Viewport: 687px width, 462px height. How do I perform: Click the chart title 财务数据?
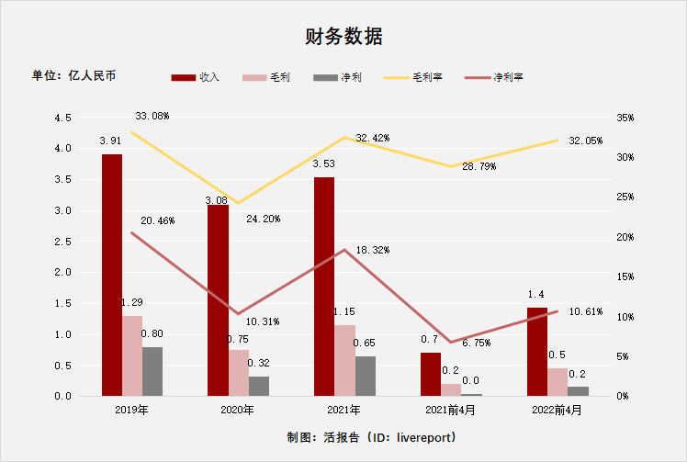[x=343, y=37]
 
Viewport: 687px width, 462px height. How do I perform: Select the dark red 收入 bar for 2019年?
[x=112, y=276]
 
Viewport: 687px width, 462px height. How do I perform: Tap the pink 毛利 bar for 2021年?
[x=344, y=360]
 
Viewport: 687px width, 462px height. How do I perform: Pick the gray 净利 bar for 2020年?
[x=259, y=386]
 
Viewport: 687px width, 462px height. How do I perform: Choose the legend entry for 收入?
[x=197, y=77]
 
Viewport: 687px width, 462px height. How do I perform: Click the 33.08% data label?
[x=152, y=117]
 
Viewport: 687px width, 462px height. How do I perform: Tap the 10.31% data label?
[x=262, y=321]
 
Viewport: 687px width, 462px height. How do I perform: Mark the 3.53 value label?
[x=323, y=165]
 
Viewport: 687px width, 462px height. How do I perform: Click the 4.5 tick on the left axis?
[x=63, y=118]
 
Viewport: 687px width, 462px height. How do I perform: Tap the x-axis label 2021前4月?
[x=450, y=409]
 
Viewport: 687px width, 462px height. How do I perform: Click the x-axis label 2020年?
[x=237, y=409]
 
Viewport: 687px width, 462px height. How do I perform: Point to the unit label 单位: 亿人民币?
[x=74, y=75]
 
